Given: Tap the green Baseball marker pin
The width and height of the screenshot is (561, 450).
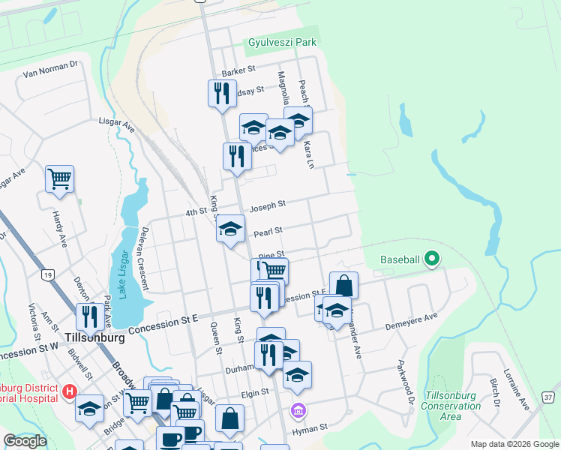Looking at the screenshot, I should [431, 259].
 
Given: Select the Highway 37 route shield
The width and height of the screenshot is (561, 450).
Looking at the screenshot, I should [549, 396].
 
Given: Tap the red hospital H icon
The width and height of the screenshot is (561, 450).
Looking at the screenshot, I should [70, 391].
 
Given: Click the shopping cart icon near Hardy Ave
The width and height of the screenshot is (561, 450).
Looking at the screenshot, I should [59, 178].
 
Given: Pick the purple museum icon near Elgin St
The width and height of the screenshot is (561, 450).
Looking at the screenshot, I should [298, 410].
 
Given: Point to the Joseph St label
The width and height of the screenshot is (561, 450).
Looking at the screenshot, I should [268, 204].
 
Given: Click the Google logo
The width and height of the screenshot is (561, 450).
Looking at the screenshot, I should [25, 440].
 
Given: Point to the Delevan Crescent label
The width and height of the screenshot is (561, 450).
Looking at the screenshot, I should [145, 259].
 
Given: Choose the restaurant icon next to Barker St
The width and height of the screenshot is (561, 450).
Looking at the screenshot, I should [221, 93].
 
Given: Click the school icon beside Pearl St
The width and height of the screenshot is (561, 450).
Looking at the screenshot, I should [230, 228].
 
